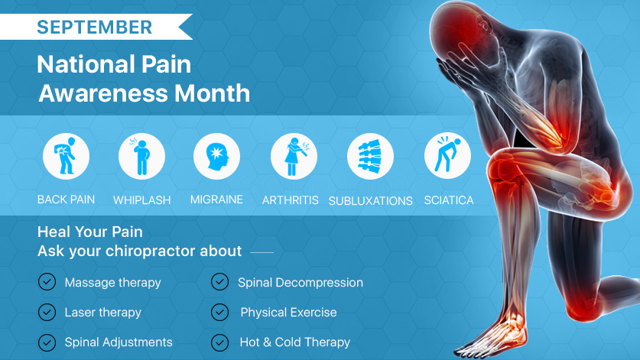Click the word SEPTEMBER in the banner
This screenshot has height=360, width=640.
click(94, 28)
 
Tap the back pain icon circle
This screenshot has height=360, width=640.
click(66, 157)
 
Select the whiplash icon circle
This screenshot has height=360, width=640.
click(141, 157)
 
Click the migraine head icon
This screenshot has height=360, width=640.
click(216, 157)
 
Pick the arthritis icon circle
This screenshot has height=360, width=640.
click(294, 157)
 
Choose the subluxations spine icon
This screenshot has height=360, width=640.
click(370, 157)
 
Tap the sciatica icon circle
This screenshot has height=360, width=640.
click(447, 155)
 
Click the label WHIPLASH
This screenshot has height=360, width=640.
click(141, 200)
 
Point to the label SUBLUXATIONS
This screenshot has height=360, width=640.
click(371, 201)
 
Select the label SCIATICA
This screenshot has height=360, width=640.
click(449, 200)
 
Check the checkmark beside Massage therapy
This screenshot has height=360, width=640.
click(47, 282)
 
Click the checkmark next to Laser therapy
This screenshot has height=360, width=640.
click(47, 313)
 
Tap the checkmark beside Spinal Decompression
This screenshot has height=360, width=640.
click(219, 282)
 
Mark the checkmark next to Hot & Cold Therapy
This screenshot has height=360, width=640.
click(219, 342)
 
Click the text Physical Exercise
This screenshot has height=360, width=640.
click(288, 313)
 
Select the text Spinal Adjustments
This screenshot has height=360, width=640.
click(119, 342)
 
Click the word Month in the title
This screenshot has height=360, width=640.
click(213, 93)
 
